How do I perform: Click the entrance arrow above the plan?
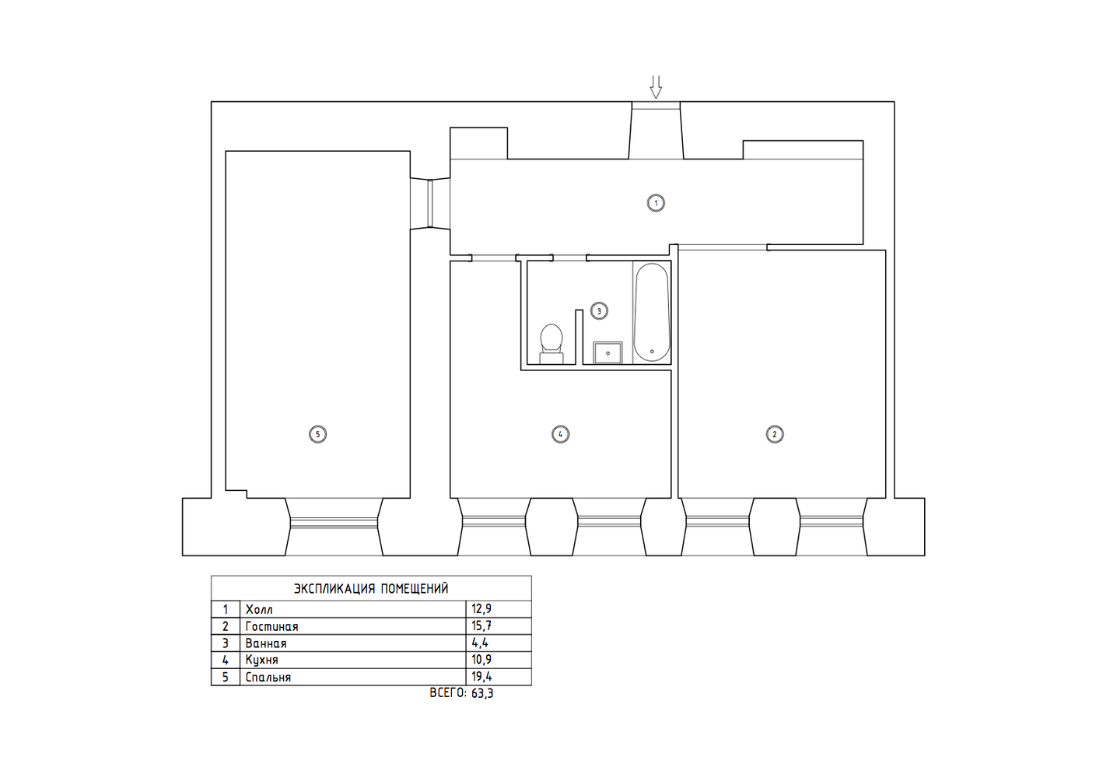pos(656,86)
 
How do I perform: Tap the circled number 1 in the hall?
pos(656,203)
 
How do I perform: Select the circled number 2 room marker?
pos(775,434)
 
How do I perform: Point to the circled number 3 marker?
pos(599,311)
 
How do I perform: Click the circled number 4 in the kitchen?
pos(560,434)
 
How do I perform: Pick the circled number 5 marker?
pos(317,434)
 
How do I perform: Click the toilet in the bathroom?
pos(551,344)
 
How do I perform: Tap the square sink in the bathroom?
pos(608,353)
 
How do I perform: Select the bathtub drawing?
pos(652,312)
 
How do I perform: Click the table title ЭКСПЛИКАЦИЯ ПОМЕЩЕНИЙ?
pos(371,588)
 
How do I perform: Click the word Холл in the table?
pos(259,610)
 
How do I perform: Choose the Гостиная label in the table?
pos(271,626)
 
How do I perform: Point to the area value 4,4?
pos(480,643)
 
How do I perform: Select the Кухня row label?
pos(262,660)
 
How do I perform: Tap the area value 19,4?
pos(481,677)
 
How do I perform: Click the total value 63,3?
pos(482,693)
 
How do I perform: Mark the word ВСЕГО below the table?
pos(448,693)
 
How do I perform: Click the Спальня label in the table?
pos(268,677)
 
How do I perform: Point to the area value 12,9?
pos(481,609)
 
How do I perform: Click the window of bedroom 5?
pos(334,523)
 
